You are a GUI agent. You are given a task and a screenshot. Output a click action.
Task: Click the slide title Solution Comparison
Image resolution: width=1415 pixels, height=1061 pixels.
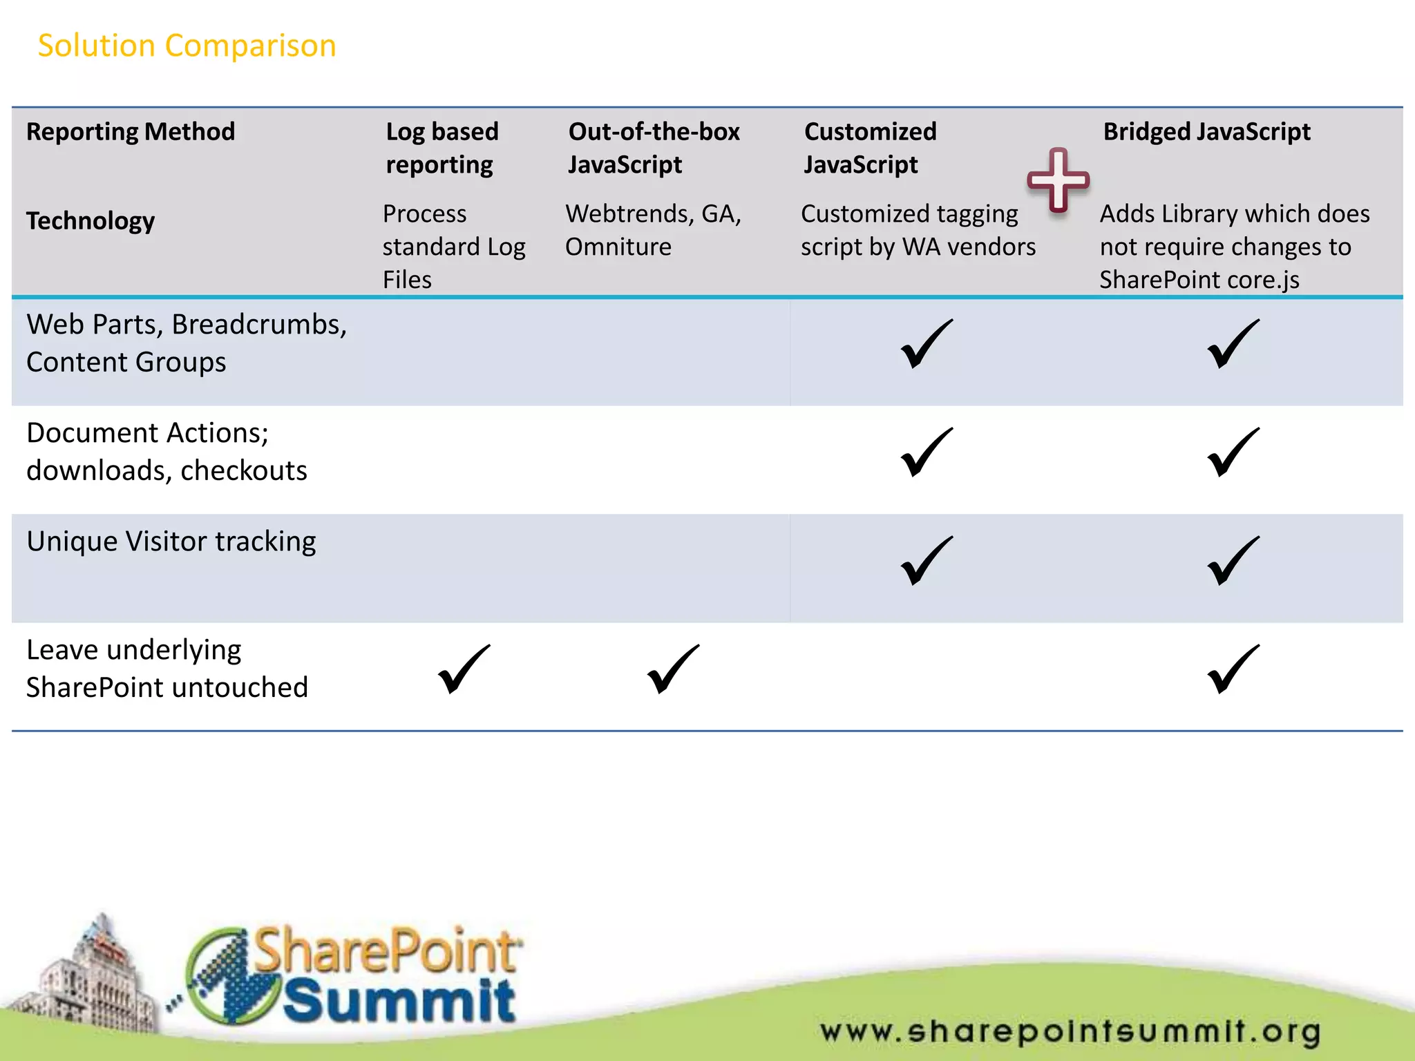click(x=187, y=46)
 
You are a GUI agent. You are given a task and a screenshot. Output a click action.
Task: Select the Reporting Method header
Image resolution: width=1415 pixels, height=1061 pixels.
click(x=131, y=131)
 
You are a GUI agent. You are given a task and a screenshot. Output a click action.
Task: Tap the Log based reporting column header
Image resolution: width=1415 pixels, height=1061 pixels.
click(x=441, y=148)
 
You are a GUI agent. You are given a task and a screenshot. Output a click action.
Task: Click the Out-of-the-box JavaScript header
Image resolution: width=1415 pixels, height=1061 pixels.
click(x=654, y=148)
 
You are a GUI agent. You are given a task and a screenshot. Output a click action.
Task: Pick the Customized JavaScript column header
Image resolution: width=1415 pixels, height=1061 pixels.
click(x=870, y=148)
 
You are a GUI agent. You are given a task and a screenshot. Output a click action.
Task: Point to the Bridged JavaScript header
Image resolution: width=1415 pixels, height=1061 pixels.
click(x=1206, y=131)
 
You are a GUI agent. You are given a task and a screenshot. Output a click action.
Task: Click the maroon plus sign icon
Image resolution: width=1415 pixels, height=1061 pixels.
click(x=1058, y=180)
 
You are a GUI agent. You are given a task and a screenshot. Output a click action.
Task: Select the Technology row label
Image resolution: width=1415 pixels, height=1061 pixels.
click(x=91, y=220)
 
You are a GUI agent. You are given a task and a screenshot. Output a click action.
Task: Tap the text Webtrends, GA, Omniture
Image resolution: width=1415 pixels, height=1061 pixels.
click(x=653, y=230)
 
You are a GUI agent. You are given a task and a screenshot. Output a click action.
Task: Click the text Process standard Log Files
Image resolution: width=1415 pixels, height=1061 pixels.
click(x=454, y=247)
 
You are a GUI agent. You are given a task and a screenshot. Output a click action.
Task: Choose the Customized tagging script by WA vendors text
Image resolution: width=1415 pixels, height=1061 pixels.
click(x=918, y=230)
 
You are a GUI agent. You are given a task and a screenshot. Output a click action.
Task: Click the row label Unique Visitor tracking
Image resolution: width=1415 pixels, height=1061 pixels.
click(x=171, y=541)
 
